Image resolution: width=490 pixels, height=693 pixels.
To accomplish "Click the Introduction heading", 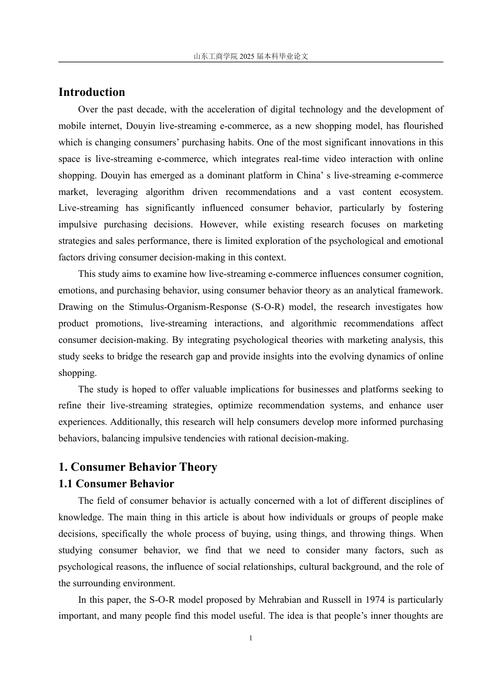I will (92, 92).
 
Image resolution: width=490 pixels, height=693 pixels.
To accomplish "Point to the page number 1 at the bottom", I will (251, 638).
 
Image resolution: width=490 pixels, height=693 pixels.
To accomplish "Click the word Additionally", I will (135, 422).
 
